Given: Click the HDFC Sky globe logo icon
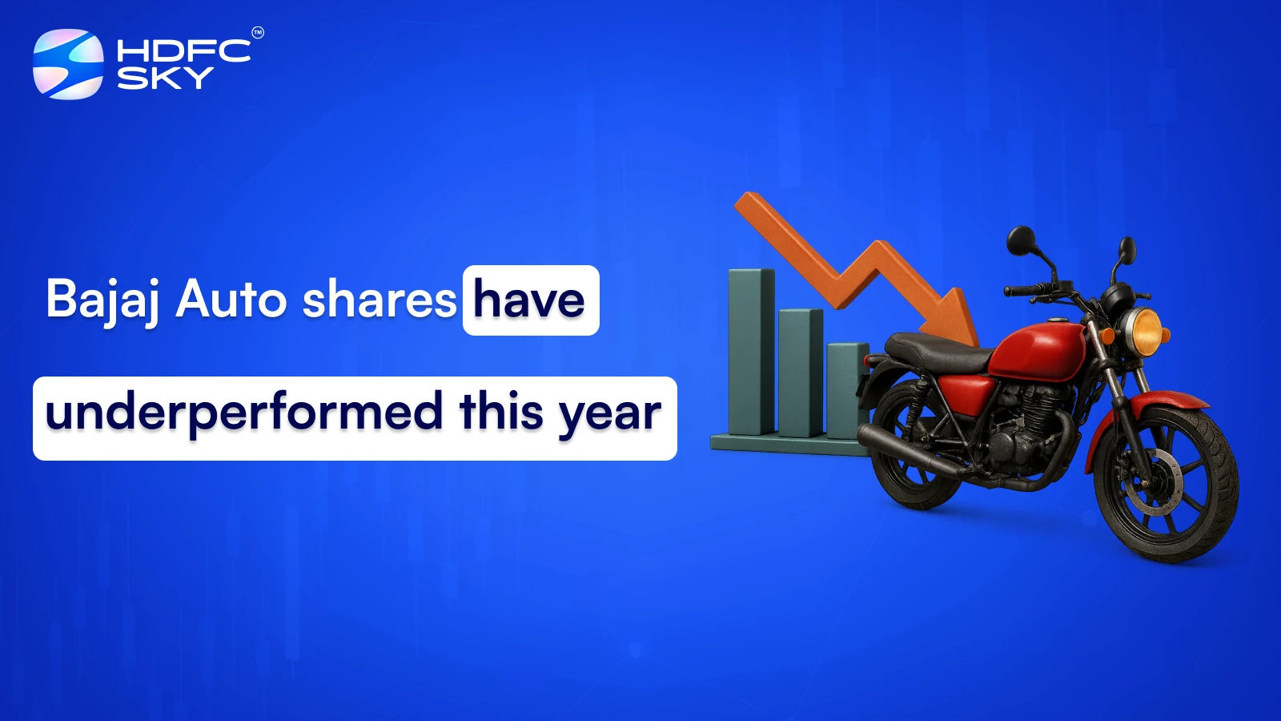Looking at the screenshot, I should point(68,64).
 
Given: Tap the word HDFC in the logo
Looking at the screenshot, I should point(183,51).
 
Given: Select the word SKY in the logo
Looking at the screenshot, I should point(165,78).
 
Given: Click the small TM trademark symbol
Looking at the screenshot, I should point(258,33).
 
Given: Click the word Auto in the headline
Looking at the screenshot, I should point(231,299).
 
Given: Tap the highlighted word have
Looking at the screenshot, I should point(529,300).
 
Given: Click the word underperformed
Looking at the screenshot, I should point(244,413).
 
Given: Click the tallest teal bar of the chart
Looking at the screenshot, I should point(751,352).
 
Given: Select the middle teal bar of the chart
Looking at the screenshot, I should point(801,373).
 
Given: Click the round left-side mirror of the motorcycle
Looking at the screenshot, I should point(1021,240).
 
